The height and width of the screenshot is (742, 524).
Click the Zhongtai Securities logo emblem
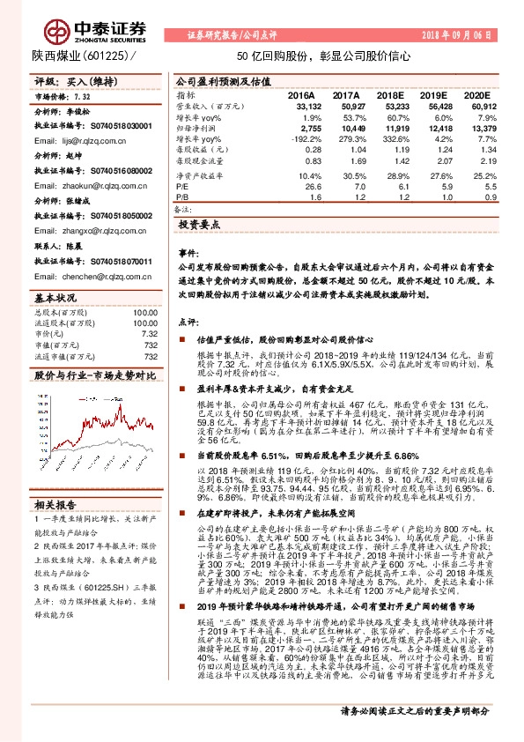pos(57,30)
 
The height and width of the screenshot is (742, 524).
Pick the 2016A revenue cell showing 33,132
pos(300,105)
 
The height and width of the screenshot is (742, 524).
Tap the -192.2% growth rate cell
pos(305,139)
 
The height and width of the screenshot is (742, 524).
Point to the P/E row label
pos(182,187)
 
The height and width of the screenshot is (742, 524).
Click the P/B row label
pos(182,198)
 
